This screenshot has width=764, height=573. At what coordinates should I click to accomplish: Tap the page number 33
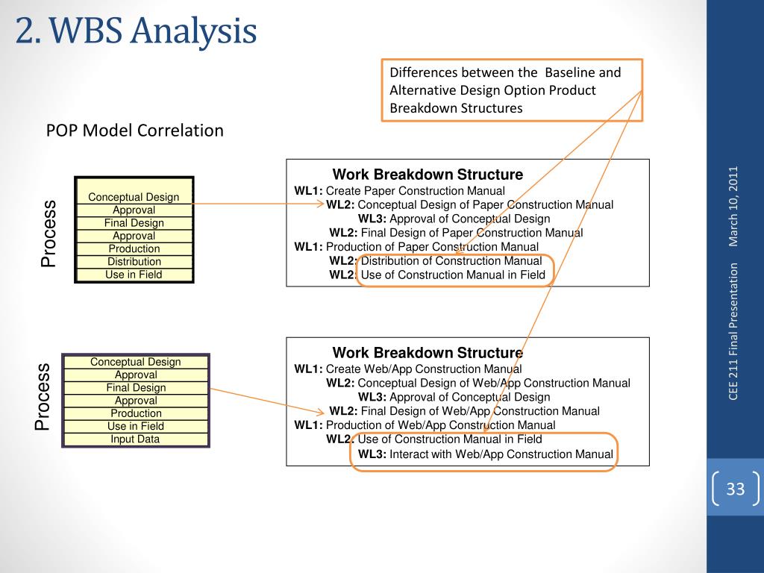[x=736, y=489]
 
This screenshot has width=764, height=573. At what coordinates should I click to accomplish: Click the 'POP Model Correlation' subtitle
[x=135, y=131]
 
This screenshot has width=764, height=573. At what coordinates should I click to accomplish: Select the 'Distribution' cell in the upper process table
[x=134, y=262]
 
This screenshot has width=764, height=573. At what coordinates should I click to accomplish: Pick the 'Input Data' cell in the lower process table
[x=135, y=439]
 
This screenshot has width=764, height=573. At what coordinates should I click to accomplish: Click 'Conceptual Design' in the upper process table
[x=134, y=197]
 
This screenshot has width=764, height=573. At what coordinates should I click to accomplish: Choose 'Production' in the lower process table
[x=136, y=413]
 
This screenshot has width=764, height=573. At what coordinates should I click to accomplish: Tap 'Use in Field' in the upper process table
[x=134, y=275]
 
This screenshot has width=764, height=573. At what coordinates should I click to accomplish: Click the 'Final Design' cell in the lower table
[x=136, y=388]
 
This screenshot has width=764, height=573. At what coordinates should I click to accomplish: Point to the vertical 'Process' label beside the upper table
[x=48, y=234]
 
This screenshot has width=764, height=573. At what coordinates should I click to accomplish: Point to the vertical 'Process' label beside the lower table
[x=42, y=397]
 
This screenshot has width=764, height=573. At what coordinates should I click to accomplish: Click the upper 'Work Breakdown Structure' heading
[x=428, y=175]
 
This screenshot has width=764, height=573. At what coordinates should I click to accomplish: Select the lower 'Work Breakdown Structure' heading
[x=428, y=353]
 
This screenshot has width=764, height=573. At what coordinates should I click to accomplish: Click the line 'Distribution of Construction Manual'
[x=451, y=261]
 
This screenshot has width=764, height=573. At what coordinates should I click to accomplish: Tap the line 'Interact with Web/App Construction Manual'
[x=501, y=454]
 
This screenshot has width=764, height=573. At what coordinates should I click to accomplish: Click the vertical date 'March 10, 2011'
[x=733, y=206]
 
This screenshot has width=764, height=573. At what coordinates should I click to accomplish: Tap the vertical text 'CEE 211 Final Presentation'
[x=733, y=331]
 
